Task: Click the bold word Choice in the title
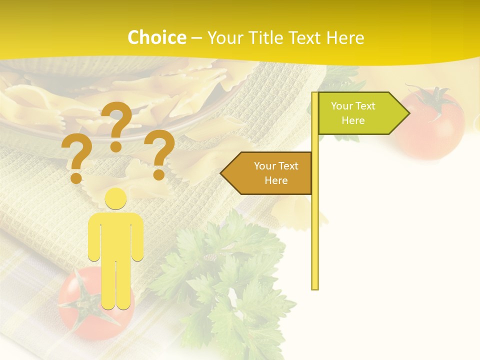(156, 38)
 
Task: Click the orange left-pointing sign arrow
(267, 173)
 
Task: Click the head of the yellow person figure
(115, 199)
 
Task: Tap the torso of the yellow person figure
(115, 235)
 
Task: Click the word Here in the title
(345, 38)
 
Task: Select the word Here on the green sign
(353, 120)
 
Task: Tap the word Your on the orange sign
(264, 166)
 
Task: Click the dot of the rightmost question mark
(159, 174)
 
